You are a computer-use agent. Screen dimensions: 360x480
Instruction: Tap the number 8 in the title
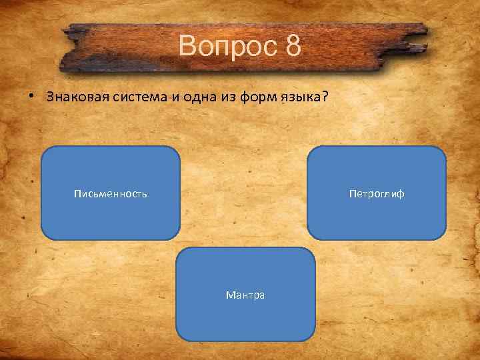coord(293,47)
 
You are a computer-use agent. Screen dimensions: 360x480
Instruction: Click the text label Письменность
coord(110,194)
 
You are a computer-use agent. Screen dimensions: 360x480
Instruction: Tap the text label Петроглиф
coord(376,194)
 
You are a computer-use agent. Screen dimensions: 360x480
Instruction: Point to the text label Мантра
coord(245,295)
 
